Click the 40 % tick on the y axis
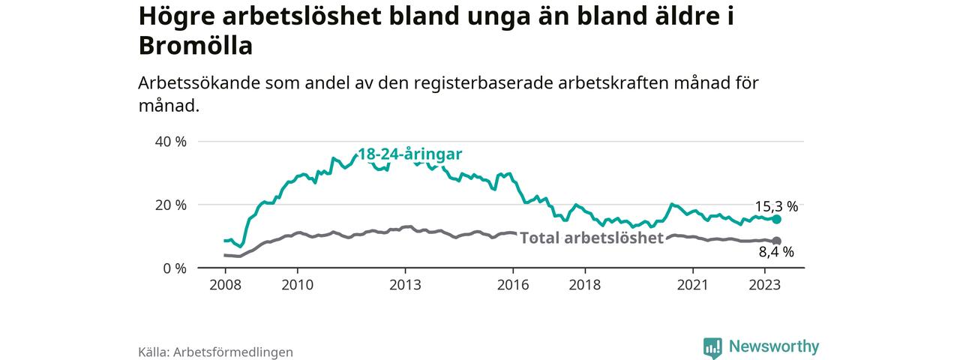coord(170,142)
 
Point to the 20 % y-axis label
coord(170,205)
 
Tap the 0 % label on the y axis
coord(174,268)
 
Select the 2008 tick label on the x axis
coord(225,285)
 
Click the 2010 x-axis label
coord(297,285)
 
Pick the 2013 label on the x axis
coord(405,285)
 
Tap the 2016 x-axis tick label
coord(513,285)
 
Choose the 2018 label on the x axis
coord(585,285)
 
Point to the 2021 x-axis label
coord(693,285)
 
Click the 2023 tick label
coord(765,285)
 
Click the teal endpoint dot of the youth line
coord(776,219)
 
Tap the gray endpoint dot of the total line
coord(776,241)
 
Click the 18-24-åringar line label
coord(409,154)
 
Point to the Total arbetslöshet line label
coord(592,238)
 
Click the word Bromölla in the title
coord(196,46)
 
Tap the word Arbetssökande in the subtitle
coord(199,84)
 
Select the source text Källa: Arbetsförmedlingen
coord(215,352)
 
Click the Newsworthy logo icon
coord(712,347)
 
